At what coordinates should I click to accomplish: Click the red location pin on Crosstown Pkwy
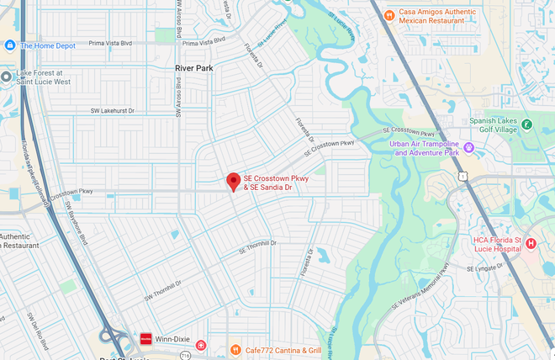[x=234, y=181]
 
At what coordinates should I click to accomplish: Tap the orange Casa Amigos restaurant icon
[x=388, y=15]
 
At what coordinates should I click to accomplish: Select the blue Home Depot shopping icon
[x=10, y=45]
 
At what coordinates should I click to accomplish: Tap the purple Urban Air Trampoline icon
[x=469, y=148]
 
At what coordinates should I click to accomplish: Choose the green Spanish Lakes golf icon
[x=526, y=124]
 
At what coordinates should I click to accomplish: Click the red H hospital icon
[x=531, y=244]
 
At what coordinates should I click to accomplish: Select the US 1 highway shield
[x=463, y=177]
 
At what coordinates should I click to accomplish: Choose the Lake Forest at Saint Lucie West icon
[x=7, y=77]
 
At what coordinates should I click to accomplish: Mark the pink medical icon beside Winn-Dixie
[x=200, y=346]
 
